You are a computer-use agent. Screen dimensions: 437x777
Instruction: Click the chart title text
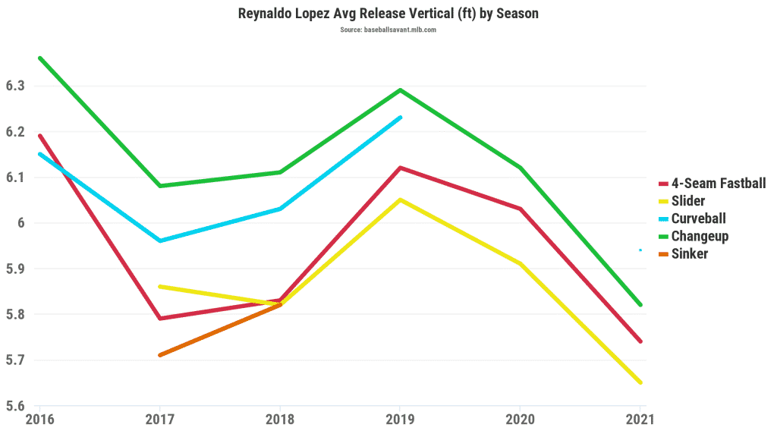point(388,14)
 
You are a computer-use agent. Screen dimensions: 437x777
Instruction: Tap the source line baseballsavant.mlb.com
point(388,30)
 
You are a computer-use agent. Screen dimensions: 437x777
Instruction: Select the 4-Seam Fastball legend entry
point(712,184)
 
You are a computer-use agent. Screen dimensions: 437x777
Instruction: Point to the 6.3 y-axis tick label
point(15,86)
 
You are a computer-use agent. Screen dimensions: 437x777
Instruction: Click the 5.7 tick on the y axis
point(15,360)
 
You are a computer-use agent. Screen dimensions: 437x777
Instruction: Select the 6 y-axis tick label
point(21,223)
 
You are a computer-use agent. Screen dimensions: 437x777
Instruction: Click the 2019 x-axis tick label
point(400,420)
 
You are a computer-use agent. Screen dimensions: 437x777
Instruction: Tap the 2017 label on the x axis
point(159,420)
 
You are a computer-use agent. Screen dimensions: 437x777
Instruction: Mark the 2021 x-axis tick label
point(640,420)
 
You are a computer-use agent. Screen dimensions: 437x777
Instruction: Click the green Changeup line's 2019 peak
point(400,90)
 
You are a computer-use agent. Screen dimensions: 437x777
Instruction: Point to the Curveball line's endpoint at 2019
point(400,118)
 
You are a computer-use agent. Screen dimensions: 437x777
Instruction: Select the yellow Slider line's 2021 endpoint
point(640,382)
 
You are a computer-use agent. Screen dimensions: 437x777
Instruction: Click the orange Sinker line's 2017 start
point(159,355)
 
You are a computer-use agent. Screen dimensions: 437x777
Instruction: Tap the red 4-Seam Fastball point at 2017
point(159,319)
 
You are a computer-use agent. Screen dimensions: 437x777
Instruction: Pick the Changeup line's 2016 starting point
point(39,58)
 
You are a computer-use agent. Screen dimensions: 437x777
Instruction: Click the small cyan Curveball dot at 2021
point(640,250)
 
